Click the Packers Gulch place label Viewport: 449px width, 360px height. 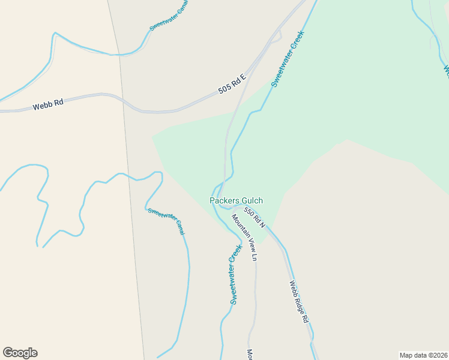pyautogui.click(x=236, y=200)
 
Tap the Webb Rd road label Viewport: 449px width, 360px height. pyautogui.click(x=48, y=104)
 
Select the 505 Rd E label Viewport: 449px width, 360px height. pyautogui.click(x=232, y=84)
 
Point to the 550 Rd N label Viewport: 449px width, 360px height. pyautogui.click(x=255, y=216)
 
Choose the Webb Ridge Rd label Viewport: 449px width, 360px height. pyautogui.click(x=298, y=302)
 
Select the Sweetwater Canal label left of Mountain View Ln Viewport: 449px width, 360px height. pyautogui.click(x=166, y=221)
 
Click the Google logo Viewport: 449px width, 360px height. pyautogui.click(x=20, y=353)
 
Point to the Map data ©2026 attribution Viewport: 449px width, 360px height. pyautogui.click(x=423, y=355)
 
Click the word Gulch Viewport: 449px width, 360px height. pyautogui.click(x=252, y=200)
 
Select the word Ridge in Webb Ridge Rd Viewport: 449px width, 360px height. pyautogui.click(x=299, y=302)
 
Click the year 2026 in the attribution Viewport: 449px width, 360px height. pyautogui.click(x=437, y=355)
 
